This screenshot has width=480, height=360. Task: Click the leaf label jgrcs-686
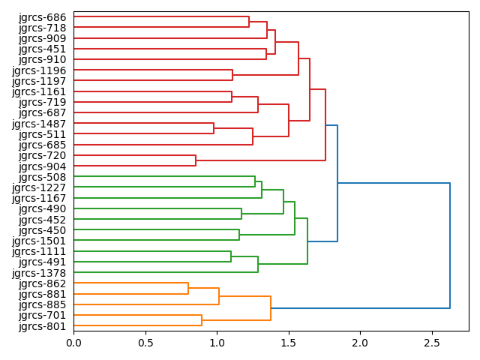pyautogui.click(x=42, y=16)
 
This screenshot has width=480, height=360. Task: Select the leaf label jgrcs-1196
pyautogui.click(x=39, y=70)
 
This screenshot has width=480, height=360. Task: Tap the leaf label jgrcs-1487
pyautogui.click(x=39, y=124)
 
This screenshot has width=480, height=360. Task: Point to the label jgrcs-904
pyautogui.click(x=42, y=166)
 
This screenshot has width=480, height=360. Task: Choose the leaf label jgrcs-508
pyautogui.click(x=42, y=177)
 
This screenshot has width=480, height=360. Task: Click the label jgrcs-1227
pyautogui.click(x=39, y=187)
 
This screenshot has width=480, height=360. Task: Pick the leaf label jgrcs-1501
pyautogui.click(x=39, y=241)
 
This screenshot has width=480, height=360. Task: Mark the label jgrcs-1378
pyautogui.click(x=39, y=273)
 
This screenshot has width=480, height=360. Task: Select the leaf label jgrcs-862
pyautogui.click(x=42, y=283)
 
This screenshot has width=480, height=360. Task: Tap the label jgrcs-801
pyautogui.click(x=42, y=326)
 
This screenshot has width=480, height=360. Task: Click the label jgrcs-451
pyautogui.click(x=42, y=49)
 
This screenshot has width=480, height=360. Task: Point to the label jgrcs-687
pyautogui.click(x=42, y=112)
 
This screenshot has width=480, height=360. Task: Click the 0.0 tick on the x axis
pyautogui.click(x=73, y=343)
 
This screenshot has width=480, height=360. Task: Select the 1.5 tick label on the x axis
pyautogui.click(x=288, y=343)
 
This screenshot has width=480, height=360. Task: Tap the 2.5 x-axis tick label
pyautogui.click(x=431, y=343)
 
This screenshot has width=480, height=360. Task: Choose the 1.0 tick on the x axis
pyautogui.click(x=217, y=343)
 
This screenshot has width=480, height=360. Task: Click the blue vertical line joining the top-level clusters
pyautogui.click(x=450, y=245)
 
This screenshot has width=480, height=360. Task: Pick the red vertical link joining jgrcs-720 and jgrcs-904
pyautogui.click(x=196, y=160)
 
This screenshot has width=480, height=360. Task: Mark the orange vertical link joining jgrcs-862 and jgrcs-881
pyautogui.click(x=188, y=289)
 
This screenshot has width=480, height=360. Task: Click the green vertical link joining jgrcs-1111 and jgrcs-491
pyautogui.click(x=231, y=256)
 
